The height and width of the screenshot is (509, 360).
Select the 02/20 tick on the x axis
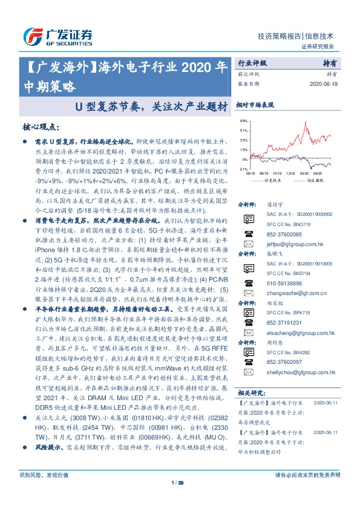(x=303, y=173)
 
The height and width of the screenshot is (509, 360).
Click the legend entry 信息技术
(x=273, y=180)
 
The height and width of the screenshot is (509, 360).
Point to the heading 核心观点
(x=40, y=128)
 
